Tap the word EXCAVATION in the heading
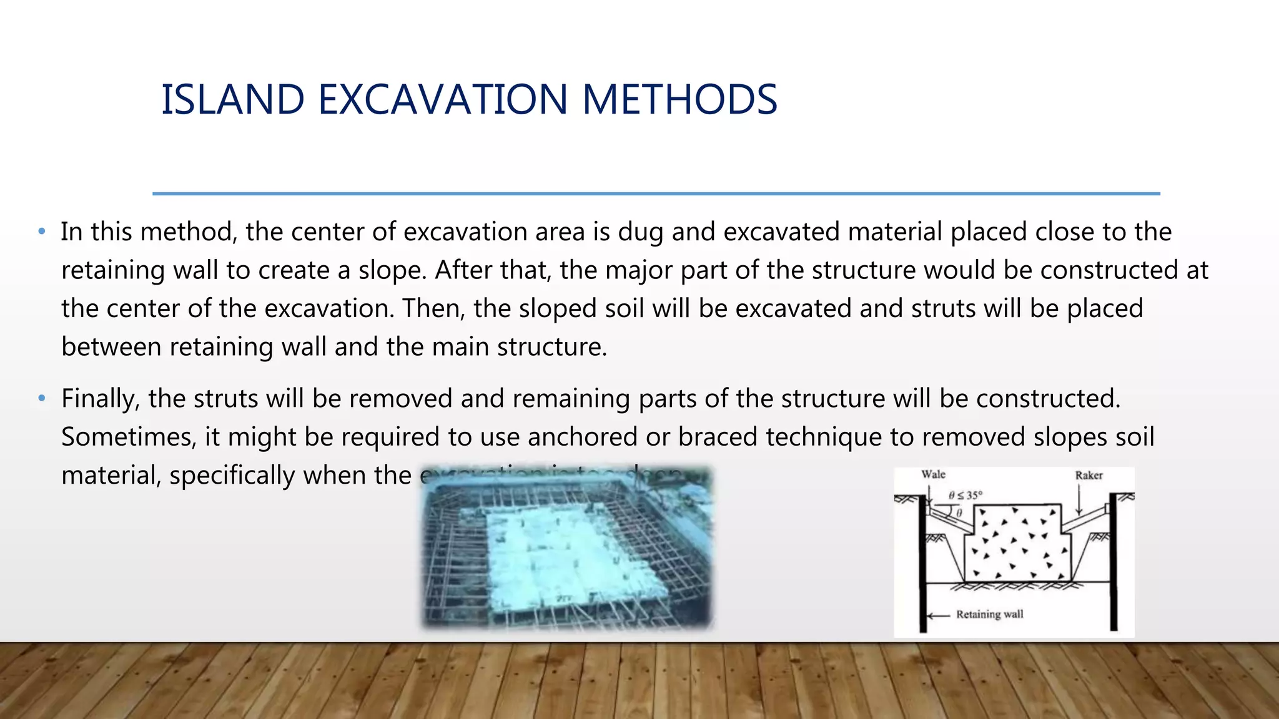pyautogui.click(x=443, y=100)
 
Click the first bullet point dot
pyautogui.click(x=42, y=232)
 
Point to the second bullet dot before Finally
pyautogui.click(x=42, y=398)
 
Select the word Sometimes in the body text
pyautogui.click(x=129, y=437)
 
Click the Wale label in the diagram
pyautogui.click(x=933, y=474)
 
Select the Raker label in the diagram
pyautogui.click(x=1089, y=476)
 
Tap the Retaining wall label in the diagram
pyautogui.click(x=989, y=614)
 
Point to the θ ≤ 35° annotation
pyautogui.click(x=965, y=495)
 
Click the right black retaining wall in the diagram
pyautogui.click(x=1113, y=562)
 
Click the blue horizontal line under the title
pyautogui.click(x=656, y=194)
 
